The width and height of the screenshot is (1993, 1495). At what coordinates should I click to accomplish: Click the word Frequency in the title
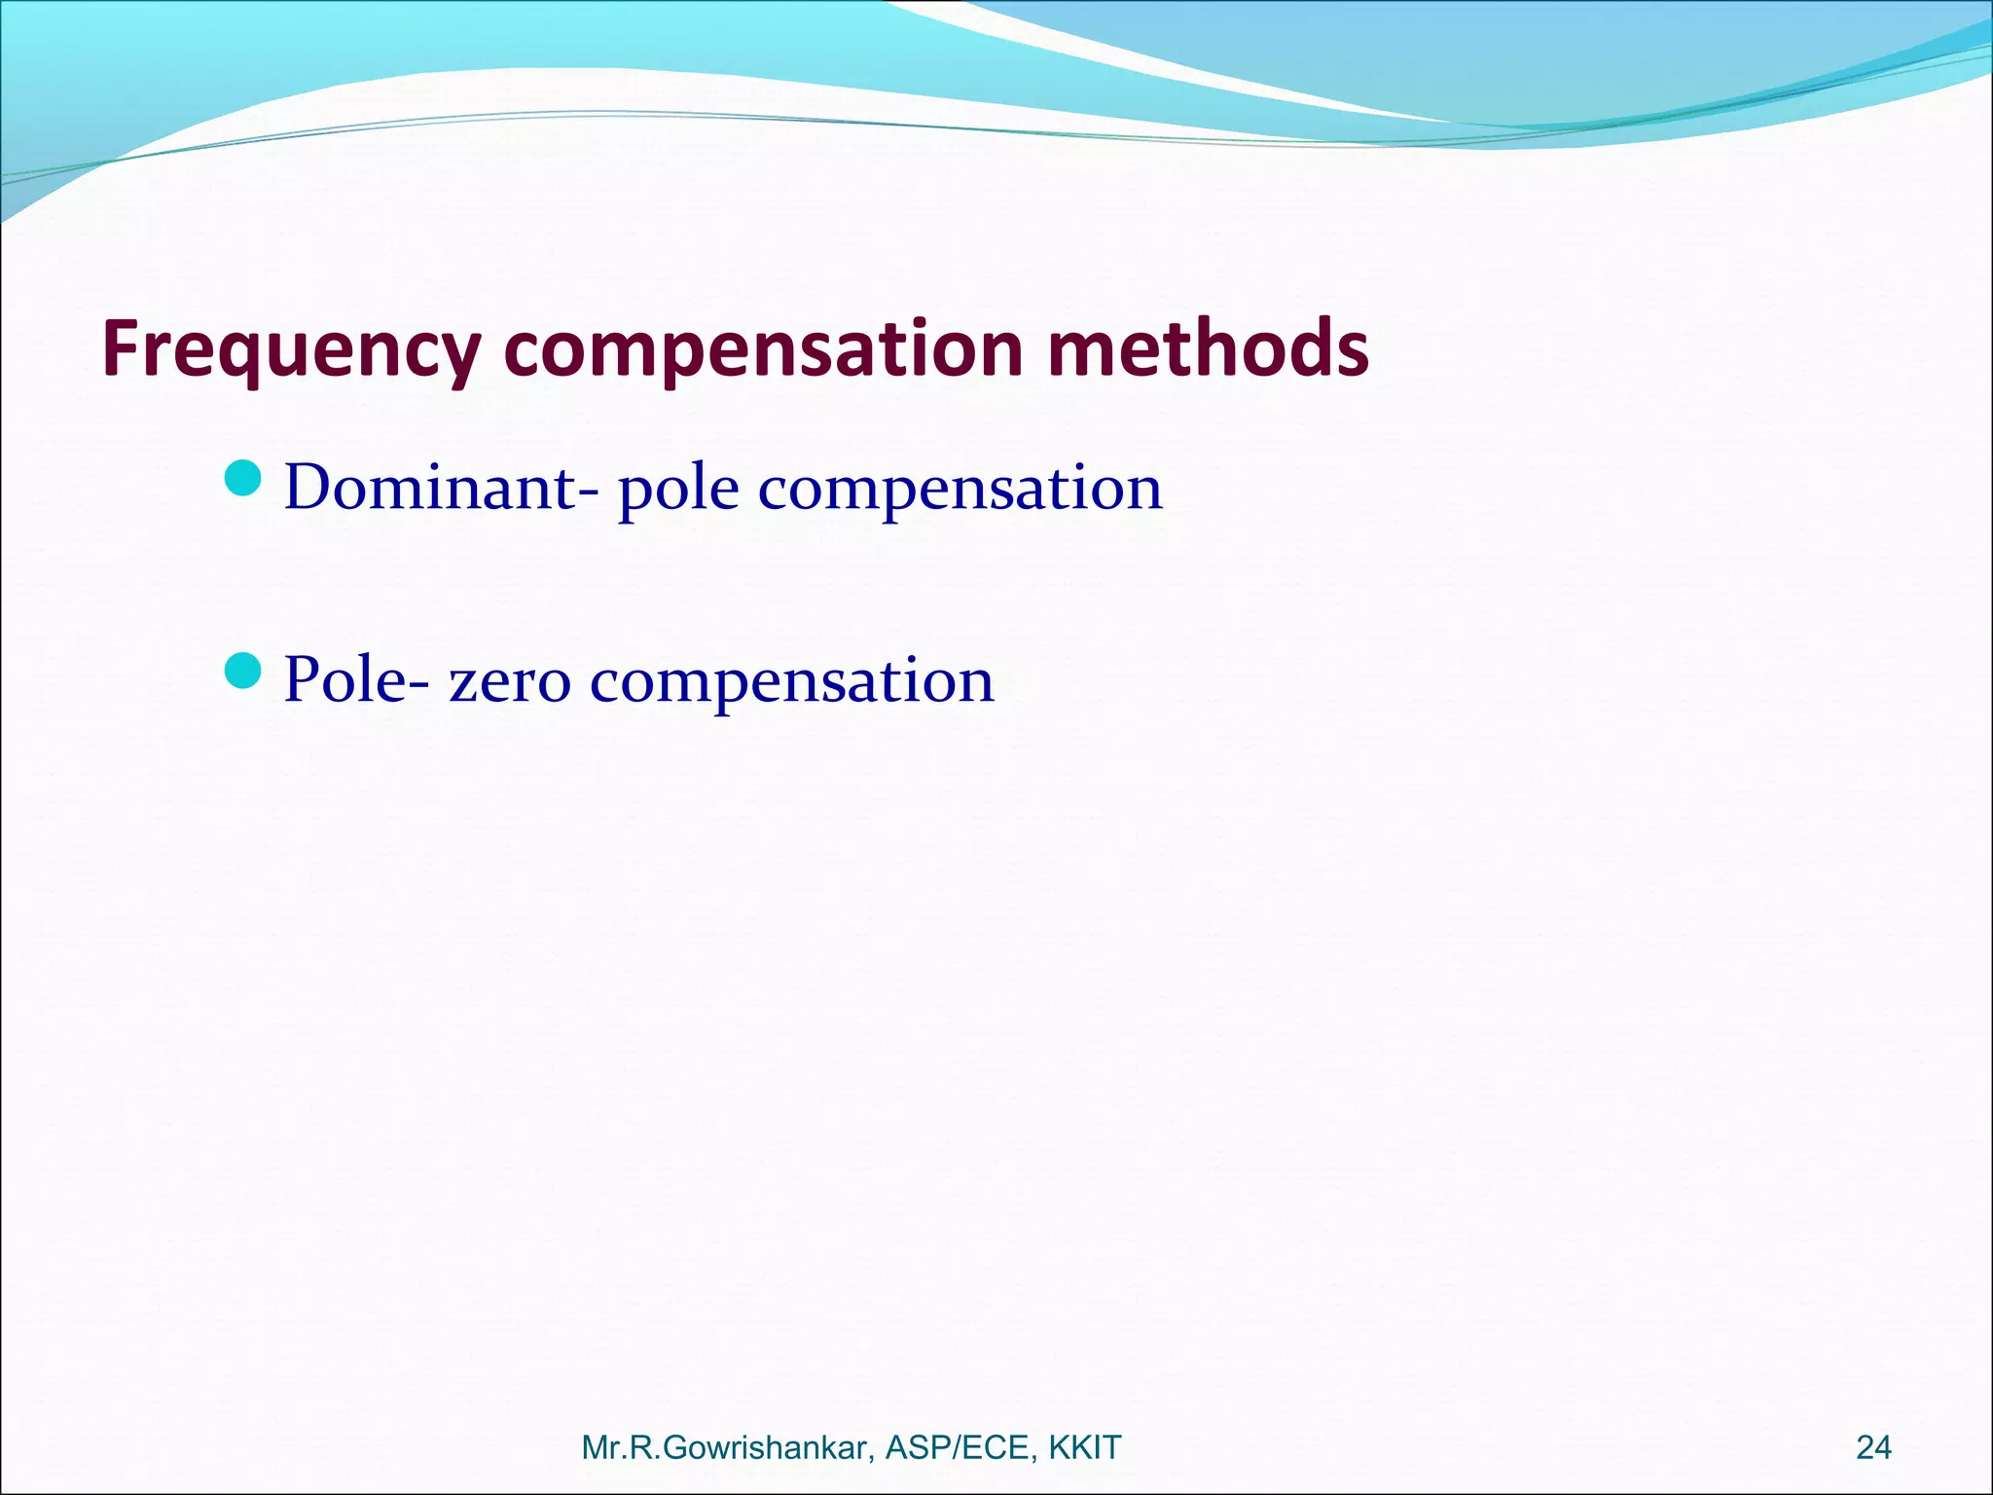tap(292, 350)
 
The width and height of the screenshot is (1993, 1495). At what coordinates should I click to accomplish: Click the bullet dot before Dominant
tap(242, 478)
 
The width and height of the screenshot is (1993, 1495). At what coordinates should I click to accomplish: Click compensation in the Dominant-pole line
tap(960, 489)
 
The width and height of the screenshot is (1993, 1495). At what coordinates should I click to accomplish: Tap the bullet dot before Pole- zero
tap(242, 670)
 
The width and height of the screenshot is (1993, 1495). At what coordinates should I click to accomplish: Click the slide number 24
tap(1873, 1447)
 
